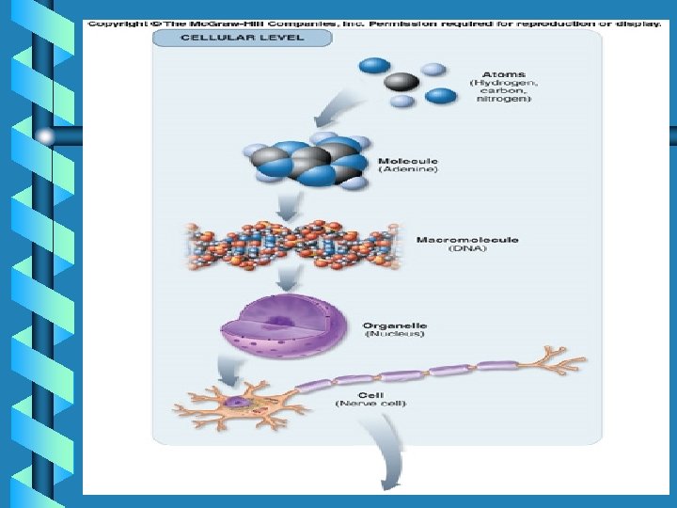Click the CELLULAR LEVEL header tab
click(242, 38)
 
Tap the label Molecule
click(408, 161)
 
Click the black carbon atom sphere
click(401, 82)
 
